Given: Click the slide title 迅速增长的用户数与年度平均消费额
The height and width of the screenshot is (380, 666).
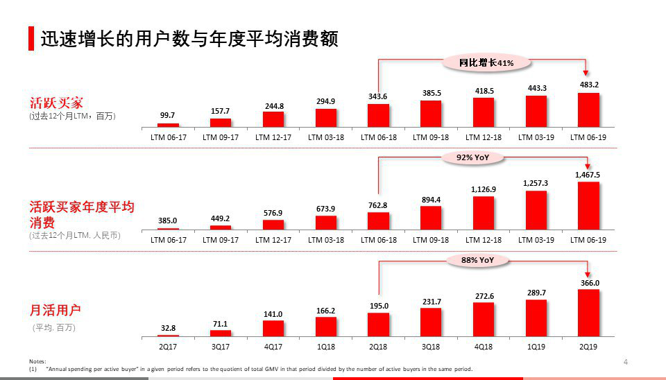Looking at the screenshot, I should coord(189,39).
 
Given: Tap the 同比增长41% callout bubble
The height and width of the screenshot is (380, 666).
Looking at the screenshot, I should coord(486,62).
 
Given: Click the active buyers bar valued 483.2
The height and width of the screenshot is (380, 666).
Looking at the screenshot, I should coord(588,110).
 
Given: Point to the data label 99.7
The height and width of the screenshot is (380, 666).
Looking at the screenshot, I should coord(167,115).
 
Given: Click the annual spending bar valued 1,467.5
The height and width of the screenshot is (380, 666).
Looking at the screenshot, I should coord(588,205).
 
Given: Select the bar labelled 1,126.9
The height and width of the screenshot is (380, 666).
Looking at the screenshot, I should coord(484,212).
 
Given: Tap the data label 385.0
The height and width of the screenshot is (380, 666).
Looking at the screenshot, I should coord(167,220).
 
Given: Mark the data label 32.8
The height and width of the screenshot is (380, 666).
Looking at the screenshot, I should coord(167,328).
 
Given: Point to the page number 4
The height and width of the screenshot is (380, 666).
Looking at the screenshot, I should coord(625,361).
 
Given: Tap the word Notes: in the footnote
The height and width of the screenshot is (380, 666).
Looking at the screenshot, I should coord(37,361).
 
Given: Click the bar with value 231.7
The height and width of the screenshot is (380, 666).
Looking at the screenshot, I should coord(431,322).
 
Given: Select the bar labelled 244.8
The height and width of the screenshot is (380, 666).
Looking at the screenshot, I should coord(273,119).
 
